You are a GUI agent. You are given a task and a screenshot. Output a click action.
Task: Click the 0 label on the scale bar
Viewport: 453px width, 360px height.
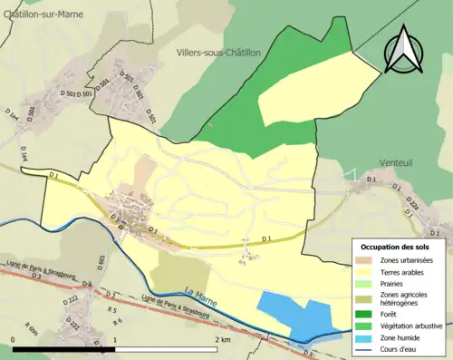coord(14,339)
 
